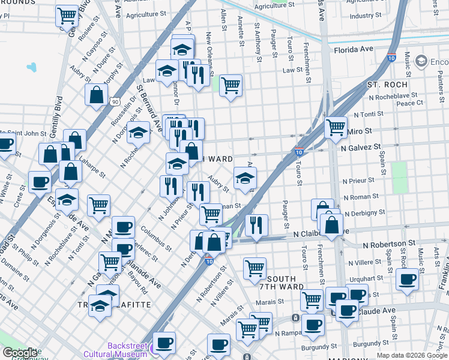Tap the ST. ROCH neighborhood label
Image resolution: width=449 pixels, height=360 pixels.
point(387,85)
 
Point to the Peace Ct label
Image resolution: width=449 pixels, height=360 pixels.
point(410,103)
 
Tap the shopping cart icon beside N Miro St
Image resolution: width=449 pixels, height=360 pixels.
point(336,127)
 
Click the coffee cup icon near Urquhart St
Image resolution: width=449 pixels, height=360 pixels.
point(408,279)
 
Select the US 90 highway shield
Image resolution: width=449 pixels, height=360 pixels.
point(114,102)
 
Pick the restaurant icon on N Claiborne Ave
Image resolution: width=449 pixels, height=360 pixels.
point(256,225)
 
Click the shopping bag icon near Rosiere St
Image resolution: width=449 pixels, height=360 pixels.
point(96,94)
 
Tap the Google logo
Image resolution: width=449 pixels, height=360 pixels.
point(20,353)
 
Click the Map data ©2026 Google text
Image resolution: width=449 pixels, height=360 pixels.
point(412,355)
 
